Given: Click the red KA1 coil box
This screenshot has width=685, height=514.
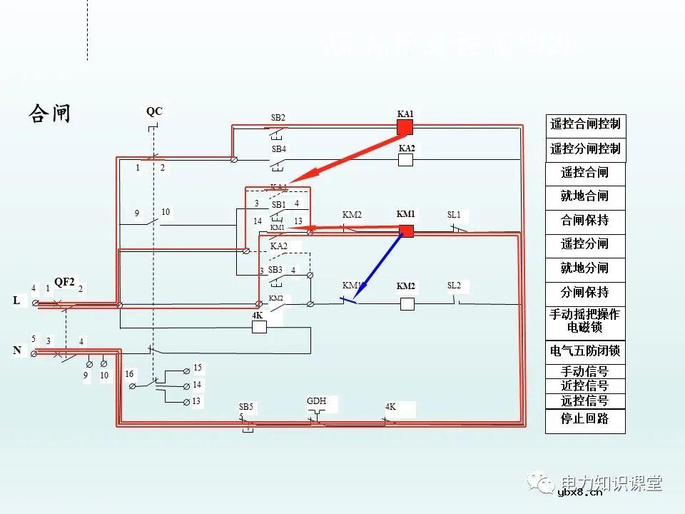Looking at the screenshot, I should (x=405, y=127).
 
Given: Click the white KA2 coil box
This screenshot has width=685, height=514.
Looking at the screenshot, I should (x=405, y=159).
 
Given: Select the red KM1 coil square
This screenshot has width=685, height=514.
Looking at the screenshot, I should (x=406, y=231).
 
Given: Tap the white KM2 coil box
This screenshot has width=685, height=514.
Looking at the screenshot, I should (x=407, y=303).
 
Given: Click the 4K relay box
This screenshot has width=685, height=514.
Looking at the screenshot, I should (x=259, y=327).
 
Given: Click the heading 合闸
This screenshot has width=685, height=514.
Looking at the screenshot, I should (x=50, y=114).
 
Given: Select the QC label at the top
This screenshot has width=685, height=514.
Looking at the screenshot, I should (x=154, y=111).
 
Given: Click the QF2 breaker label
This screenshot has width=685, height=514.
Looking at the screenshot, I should (x=64, y=282).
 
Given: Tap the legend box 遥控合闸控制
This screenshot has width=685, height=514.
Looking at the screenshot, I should (x=585, y=124).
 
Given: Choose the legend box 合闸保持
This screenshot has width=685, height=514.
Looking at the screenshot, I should (x=585, y=220).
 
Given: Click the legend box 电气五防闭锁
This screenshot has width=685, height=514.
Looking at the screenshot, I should (x=585, y=351).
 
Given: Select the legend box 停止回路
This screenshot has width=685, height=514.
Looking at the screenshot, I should (x=585, y=420).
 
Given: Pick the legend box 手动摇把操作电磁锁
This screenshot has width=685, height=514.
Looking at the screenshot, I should (x=585, y=321).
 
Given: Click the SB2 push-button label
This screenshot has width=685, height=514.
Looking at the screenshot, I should (x=278, y=118).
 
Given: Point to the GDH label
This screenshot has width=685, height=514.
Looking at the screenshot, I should (x=316, y=401).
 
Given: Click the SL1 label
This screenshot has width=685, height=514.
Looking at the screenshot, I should (x=454, y=215).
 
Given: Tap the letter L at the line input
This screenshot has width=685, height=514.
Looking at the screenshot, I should (x=16, y=301).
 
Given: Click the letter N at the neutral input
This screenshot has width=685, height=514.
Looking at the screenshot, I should (x=16, y=351).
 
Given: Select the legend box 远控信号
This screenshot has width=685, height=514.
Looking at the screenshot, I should (x=585, y=401).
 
